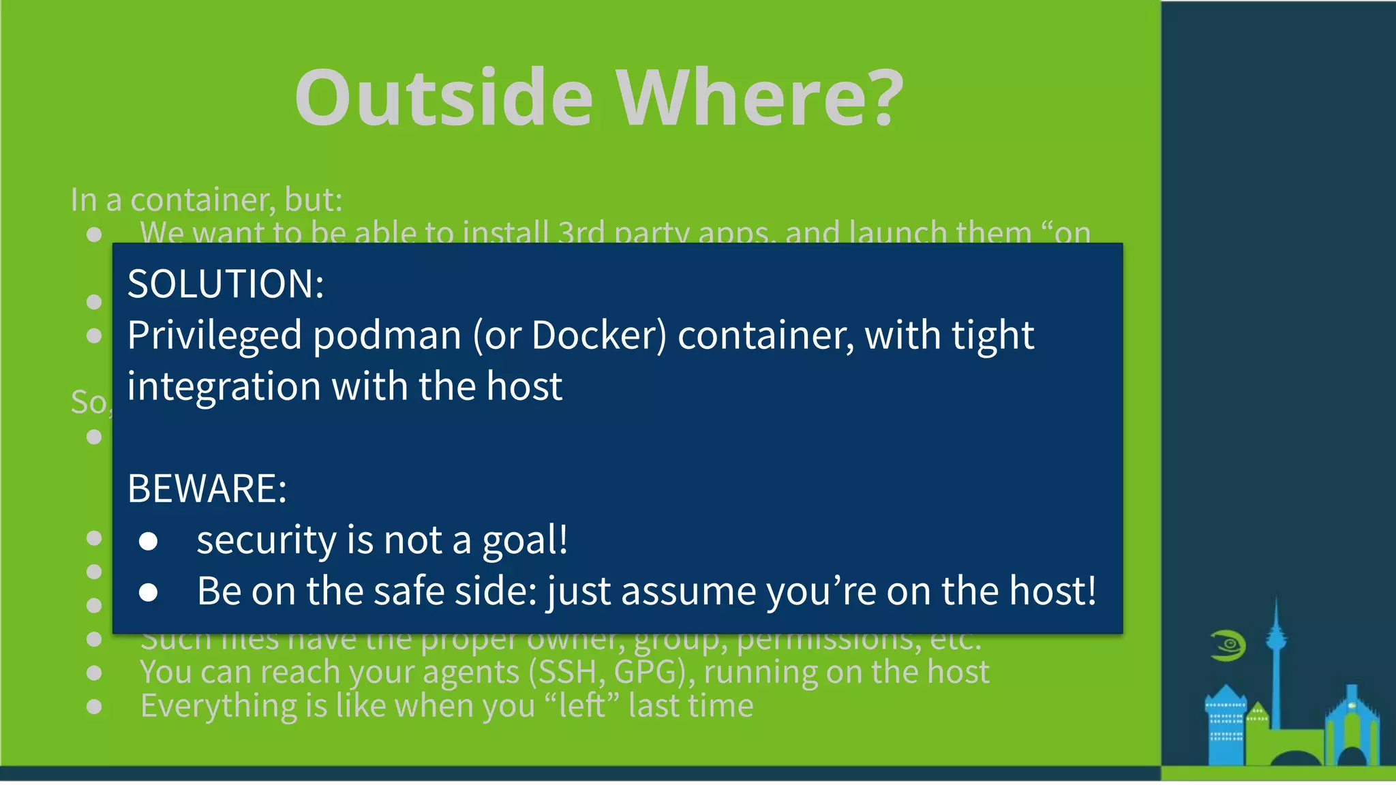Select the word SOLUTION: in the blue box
[x=226, y=283]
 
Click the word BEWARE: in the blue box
[x=207, y=488]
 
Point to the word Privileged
[x=215, y=335]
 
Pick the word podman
[x=387, y=335]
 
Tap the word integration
[x=224, y=386]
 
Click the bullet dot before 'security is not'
[x=149, y=542]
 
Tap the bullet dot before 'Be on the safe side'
[x=149, y=592]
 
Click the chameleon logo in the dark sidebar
[x=1228, y=645]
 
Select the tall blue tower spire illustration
[x=1275, y=654]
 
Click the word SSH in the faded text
[x=571, y=673]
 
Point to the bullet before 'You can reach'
[x=95, y=673]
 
